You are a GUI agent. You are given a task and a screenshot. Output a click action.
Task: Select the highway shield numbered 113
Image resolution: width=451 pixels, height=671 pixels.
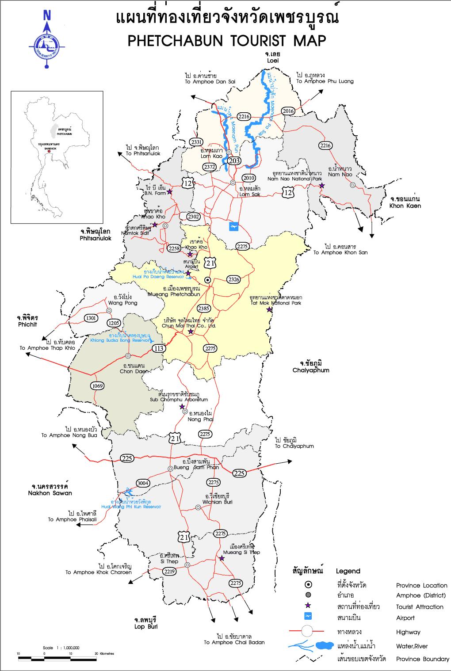click(x=158, y=349)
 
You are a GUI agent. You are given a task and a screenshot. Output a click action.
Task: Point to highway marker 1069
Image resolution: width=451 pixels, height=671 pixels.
click(x=97, y=386)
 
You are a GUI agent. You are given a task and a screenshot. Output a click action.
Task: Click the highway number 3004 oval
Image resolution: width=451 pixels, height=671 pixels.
click(x=143, y=483)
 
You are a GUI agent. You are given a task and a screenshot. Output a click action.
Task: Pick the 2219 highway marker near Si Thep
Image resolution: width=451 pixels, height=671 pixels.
click(x=169, y=571)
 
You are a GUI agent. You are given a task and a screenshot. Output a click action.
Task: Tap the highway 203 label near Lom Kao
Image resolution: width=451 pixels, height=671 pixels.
click(x=234, y=160)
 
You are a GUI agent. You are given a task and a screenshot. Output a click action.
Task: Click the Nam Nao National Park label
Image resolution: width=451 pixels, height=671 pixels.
click(x=294, y=176)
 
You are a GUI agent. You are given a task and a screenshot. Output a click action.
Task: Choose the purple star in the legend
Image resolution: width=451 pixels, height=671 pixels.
click(x=308, y=606)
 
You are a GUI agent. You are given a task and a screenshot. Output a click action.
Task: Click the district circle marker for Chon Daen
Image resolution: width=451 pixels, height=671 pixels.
click(x=128, y=356)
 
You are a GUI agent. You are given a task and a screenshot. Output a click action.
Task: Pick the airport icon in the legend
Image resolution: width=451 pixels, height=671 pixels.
click(x=308, y=617)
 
